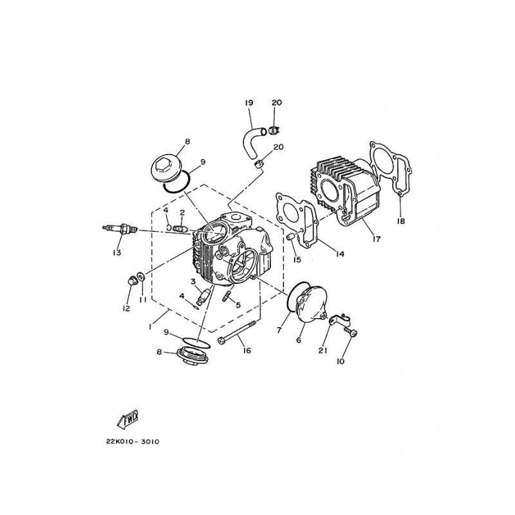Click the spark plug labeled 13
tap(120, 229)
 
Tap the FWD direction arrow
tap(127, 420)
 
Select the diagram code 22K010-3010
tap(133, 442)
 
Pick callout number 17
tap(377, 239)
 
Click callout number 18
tap(400, 221)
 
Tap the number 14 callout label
tap(340, 254)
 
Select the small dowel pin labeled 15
tap(290, 236)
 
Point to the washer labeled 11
tap(140, 277)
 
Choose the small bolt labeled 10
tap(350, 332)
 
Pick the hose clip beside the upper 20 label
tap(274, 130)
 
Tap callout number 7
tap(279, 331)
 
